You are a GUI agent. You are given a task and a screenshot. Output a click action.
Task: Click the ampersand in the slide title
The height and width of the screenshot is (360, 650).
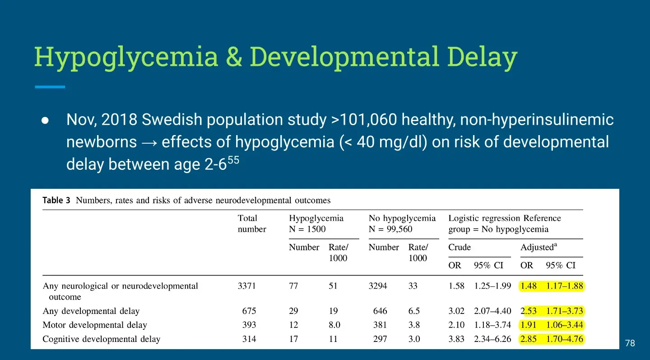pyautogui.click(x=234, y=56)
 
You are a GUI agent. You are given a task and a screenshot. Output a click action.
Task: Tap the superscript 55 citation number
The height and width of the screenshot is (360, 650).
pyautogui.click(x=233, y=160)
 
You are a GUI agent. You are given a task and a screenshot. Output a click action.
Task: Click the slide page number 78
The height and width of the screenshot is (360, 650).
pyautogui.click(x=630, y=343)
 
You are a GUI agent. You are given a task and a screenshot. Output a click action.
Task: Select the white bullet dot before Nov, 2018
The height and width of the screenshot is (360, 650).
pyautogui.click(x=45, y=121)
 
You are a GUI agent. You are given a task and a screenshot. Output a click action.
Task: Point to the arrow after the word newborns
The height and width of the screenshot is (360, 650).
pyautogui.click(x=149, y=143)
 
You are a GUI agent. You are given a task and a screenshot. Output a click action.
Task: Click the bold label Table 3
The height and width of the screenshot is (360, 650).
pyautogui.click(x=56, y=200)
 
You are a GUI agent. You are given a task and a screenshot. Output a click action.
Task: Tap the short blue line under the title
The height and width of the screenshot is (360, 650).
pyautogui.click(x=50, y=87)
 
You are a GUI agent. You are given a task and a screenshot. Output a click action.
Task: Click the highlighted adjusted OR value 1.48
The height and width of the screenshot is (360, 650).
pyautogui.click(x=529, y=286)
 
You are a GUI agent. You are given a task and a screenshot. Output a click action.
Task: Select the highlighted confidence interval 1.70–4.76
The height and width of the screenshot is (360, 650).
pyautogui.click(x=564, y=339)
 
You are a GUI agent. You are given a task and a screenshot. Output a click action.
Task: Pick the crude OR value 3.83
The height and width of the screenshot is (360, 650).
pyautogui.click(x=456, y=339)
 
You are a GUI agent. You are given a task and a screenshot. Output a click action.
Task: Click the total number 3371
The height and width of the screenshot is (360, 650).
pyautogui.click(x=246, y=286)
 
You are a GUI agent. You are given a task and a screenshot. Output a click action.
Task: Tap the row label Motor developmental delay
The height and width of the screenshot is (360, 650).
pyautogui.click(x=95, y=325)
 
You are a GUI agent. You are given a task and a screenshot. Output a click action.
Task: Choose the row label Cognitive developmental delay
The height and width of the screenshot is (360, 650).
pyautogui.click(x=101, y=339)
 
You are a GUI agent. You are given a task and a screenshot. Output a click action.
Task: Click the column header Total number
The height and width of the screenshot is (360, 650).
pyautogui.click(x=252, y=224)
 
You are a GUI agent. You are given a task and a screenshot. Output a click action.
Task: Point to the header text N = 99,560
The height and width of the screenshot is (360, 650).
pyautogui.click(x=390, y=229)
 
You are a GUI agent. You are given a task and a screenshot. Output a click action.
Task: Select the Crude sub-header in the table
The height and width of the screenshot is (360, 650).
pyautogui.click(x=460, y=247)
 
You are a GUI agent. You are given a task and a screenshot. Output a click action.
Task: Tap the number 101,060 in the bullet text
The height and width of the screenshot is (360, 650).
pyautogui.click(x=368, y=120)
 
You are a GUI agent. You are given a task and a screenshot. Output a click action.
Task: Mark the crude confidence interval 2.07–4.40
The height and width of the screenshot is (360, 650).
pyautogui.click(x=492, y=311)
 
